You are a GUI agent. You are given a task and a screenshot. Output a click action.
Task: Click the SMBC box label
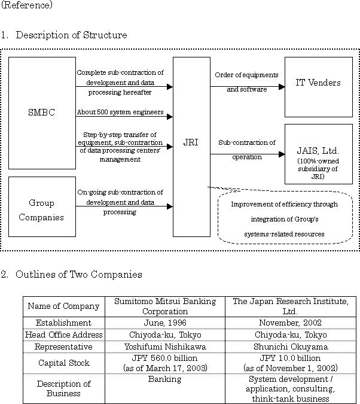41,113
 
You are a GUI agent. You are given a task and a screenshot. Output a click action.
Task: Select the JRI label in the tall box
191,142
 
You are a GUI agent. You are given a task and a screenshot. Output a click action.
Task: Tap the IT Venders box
319,87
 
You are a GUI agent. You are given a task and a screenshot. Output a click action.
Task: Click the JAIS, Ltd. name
318,150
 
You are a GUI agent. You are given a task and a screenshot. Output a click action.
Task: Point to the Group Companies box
42,206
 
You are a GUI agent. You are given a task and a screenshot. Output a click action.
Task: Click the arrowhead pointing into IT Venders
282,87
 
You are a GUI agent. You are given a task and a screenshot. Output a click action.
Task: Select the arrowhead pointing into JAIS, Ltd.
282,154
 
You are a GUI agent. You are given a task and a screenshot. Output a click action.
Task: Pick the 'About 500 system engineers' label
120,112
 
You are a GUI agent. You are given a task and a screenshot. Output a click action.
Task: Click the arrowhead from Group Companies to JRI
170,206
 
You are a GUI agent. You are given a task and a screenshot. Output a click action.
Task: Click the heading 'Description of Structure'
71,35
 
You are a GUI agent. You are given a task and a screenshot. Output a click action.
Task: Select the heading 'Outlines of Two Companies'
79,274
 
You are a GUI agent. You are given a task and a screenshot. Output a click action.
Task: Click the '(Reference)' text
26,5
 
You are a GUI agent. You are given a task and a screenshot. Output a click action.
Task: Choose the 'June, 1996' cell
165,323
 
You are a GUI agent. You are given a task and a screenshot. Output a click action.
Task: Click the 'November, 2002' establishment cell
290,323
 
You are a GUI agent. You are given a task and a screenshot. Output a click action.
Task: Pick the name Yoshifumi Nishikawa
165,347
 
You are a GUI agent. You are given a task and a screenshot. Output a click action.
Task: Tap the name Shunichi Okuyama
291,347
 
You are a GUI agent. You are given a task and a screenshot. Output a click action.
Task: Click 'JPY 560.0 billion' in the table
164,358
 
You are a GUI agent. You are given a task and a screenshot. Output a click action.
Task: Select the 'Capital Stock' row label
64,363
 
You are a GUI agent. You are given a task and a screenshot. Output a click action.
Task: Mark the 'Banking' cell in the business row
165,379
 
